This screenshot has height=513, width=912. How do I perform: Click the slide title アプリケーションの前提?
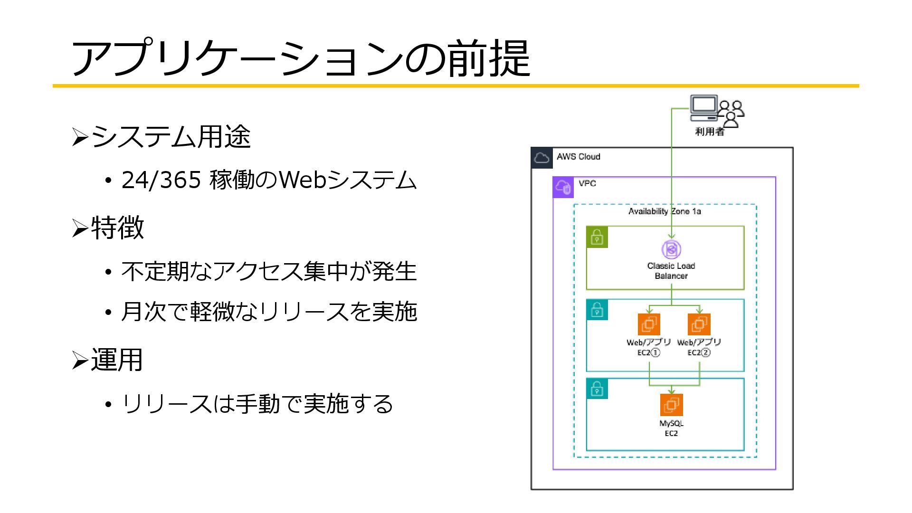point(300,58)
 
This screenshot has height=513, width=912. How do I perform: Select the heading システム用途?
point(171,137)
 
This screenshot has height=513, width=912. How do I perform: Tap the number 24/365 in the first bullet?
point(161,180)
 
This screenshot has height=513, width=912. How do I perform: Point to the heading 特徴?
point(117,228)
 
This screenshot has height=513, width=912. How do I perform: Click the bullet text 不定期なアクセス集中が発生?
point(269,272)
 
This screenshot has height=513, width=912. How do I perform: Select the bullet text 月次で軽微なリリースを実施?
point(269,312)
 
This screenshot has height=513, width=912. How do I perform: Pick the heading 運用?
point(117,360)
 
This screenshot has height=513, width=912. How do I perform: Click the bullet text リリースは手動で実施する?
point(257,404)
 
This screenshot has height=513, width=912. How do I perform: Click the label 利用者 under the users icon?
point(710,132)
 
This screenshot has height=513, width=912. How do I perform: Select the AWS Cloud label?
point(578,157)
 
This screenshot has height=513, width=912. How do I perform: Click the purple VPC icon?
point(563,187)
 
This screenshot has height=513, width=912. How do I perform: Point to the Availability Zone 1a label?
point(665,211)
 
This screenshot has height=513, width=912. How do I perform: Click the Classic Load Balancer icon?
point(671,249)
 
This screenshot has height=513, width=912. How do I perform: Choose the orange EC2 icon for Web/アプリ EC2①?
point(649,325)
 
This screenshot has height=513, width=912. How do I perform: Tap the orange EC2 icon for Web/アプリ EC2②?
point(699,325)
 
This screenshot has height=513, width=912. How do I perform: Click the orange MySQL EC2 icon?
point(672,405)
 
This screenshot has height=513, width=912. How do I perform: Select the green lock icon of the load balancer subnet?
point(597,237)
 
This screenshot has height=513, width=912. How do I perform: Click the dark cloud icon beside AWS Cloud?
point(542,158)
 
